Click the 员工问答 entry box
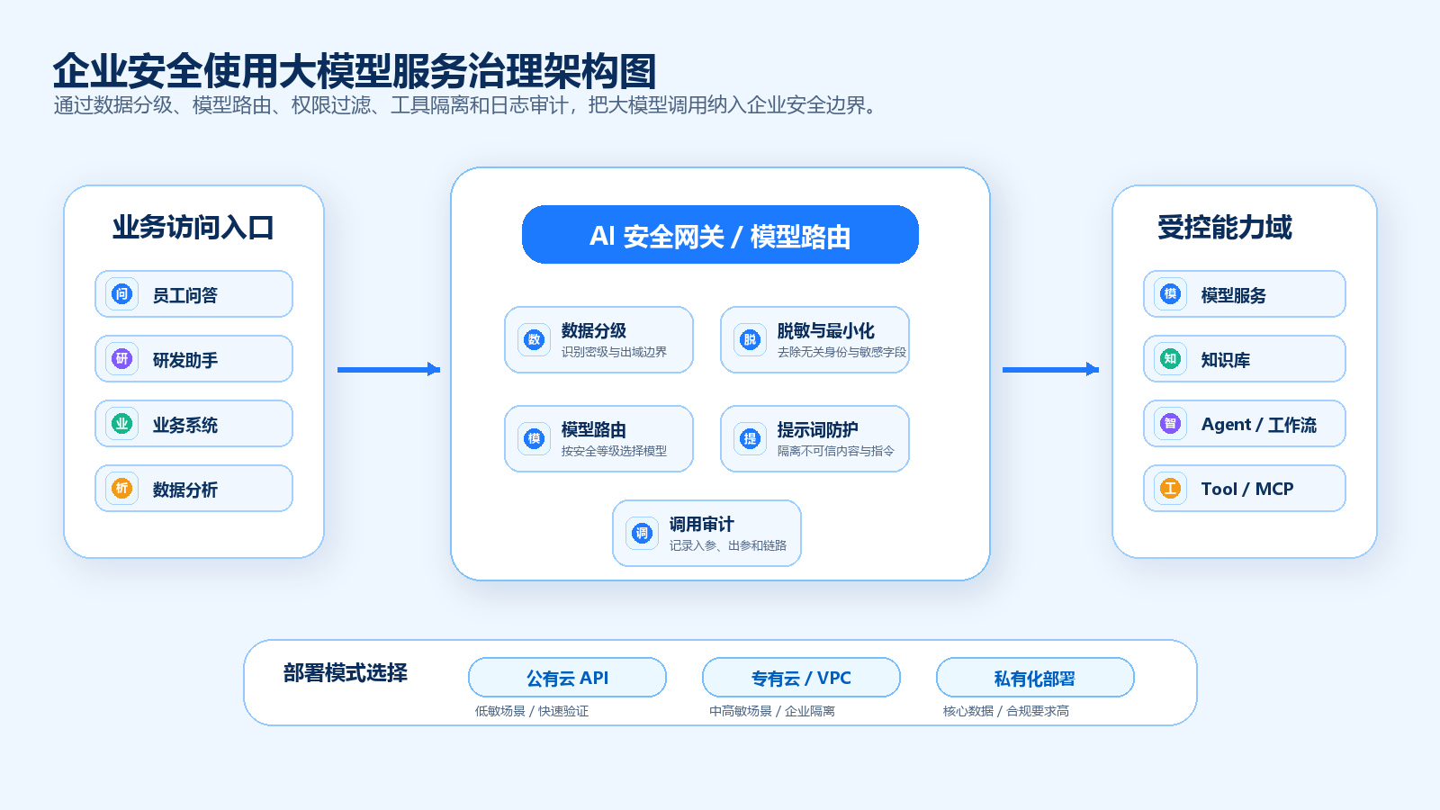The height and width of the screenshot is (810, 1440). (x=193, y=293)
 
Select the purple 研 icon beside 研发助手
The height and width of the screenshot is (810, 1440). (x=121, y=359)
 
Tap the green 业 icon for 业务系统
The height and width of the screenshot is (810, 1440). (x=121, y=424)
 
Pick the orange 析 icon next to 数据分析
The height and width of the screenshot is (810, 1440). (x=121, y=489)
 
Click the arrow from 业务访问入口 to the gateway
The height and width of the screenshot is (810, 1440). (x=388, y=370)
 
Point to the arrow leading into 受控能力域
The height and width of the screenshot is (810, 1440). (x=1050, y=370)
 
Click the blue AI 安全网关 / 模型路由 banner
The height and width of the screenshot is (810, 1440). (x=720, y=235)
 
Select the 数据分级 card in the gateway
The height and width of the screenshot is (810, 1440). (x=598, y=339)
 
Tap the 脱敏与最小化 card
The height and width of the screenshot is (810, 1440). (x=814, y=339)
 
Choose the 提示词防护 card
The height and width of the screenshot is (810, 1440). (x=814, y=438)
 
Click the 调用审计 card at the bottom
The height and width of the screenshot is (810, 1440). (x=706, y=533)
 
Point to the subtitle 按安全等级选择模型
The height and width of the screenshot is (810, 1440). (x=614, y=451)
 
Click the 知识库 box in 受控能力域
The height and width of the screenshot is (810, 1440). (x=1245, y=359)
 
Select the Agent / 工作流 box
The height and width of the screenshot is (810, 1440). (x=1245, y=424)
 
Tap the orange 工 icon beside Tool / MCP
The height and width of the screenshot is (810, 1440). (x=1170, y=489)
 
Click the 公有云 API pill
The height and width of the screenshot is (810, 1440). (x=567, y=678)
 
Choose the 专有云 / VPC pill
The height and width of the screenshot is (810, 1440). (x=801, y=678)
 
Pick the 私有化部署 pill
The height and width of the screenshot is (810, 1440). (x=1035, y=678)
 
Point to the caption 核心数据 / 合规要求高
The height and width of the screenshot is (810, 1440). (x=1006, y=711)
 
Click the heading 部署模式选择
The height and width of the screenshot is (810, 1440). (x=346, y=673)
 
